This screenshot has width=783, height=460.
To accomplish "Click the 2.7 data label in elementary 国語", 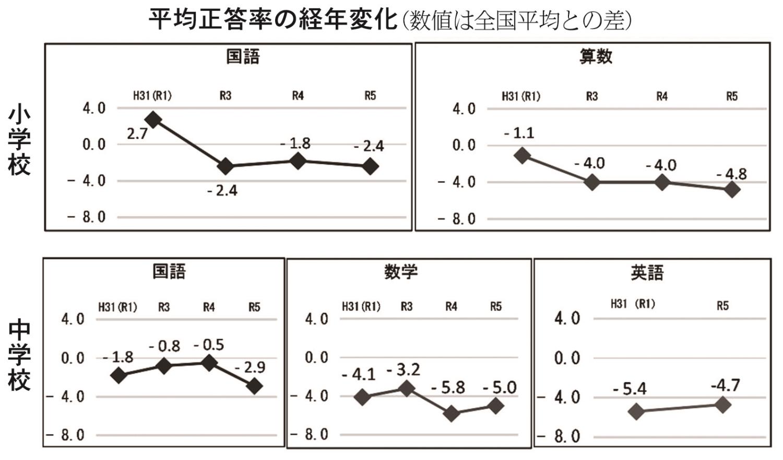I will pos(137,134).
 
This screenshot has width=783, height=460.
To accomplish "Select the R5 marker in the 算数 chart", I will pos(732,189).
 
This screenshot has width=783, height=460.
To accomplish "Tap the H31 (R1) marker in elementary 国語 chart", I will pos(153,119).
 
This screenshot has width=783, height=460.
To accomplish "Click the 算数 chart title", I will pos(596,56).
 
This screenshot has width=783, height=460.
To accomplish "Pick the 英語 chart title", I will pos(647,273).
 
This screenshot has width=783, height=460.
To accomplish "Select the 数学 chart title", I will pos(401,272).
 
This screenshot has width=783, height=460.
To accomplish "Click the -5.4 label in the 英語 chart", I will pos(630,389).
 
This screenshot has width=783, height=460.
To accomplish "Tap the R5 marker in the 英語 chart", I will pos(723,405).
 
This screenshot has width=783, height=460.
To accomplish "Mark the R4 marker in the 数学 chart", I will pos(452,414).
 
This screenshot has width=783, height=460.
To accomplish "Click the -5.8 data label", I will pos(448,388).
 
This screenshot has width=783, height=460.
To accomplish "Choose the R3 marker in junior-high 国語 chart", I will pos(164,366).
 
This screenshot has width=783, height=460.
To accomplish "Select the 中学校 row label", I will pos(19,356).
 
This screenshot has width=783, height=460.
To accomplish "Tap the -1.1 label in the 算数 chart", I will pos(519,134).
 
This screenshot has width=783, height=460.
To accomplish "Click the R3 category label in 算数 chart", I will pos(591,96).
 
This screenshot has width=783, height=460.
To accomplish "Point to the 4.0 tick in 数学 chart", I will pos(316,319).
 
